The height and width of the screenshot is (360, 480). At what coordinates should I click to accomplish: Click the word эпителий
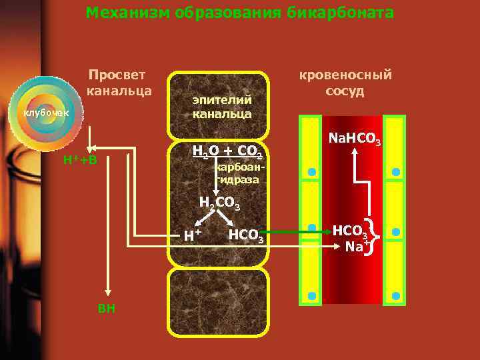[x=223, y=99]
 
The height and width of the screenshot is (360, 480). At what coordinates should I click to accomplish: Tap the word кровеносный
[x=345, y=75]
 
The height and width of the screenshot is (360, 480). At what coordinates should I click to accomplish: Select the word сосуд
[x=345, y=91]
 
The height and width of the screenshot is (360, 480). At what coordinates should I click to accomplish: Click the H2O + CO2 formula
[x=228, y=151]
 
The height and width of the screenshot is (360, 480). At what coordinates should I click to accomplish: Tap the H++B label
[x=80, y=160]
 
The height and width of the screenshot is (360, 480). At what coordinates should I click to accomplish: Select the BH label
[x=106, y=308]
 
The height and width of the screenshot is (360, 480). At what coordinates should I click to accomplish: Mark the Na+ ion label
[x=357, y=247]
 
